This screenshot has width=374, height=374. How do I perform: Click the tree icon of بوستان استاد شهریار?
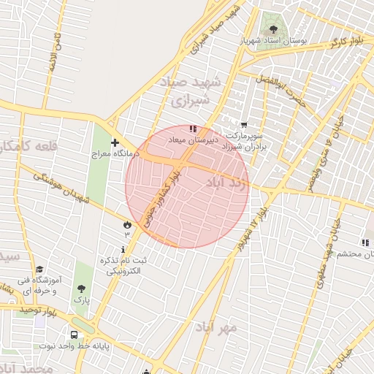click(274, 29)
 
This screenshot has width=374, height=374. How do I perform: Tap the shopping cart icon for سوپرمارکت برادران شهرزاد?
click(243, 125)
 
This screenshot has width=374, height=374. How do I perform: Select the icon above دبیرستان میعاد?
click(192, 128)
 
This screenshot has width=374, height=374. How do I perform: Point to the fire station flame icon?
click(127, 224)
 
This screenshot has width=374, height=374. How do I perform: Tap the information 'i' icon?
click(122, 249)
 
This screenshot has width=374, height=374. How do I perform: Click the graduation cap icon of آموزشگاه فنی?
click(39, 269)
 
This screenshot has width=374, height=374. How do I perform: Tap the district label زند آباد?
click(228, 181)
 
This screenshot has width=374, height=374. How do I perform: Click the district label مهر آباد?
click(216, 327)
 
